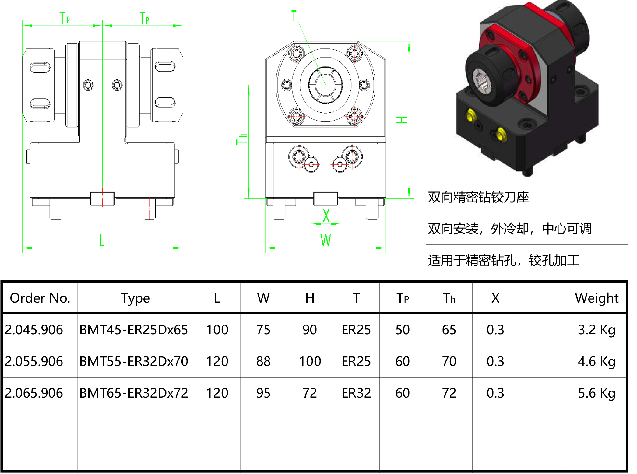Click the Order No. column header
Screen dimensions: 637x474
(x=40, y=298)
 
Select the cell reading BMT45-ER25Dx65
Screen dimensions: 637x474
(x=134, y=330)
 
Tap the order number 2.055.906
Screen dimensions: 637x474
(x=34, y=361)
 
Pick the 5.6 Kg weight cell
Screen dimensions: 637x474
(x=597, y=393)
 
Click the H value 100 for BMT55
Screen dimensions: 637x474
(x=310, y=361)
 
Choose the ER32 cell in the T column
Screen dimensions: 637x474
(x=356, y=393)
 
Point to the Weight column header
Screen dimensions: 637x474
(x=597, y=298)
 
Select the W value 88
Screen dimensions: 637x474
(x=263, y=361)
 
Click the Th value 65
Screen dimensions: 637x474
(x=449, y=330)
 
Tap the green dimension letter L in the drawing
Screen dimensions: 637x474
(x=102, y=240)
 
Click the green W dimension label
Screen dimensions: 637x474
(x=326, y=240)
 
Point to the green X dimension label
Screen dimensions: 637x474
(x=326, y=216)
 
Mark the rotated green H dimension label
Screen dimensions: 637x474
(x=402, y=120)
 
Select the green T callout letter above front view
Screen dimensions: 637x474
(x=294, y=16)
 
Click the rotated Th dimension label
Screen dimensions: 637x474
(x=241, y=139)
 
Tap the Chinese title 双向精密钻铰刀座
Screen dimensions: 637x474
(x=478, y=197)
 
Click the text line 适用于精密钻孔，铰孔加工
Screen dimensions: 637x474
(x=504, y=260)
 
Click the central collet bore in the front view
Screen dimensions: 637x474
(x=325, y=85)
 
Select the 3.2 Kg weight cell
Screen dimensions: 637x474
(x=597, y=330)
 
